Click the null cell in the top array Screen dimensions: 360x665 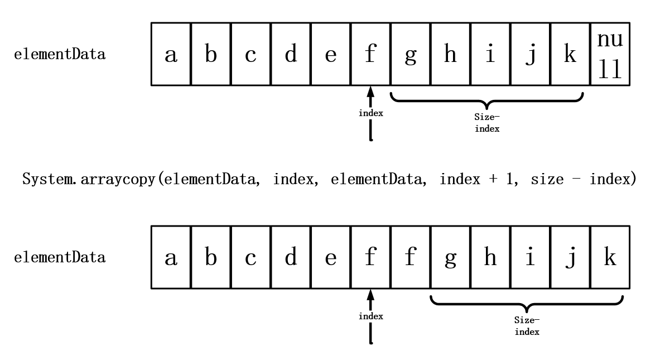[x=610, y=54]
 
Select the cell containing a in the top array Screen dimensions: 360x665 [x=171, y=54]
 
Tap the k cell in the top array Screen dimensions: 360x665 [x=570, y=54]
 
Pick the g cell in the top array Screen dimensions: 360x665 [x=410, y=54]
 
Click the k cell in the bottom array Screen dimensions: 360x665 [x=610, y=257]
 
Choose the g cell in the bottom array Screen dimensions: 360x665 [x=450, y=257]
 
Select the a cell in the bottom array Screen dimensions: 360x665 [x=171, y=257]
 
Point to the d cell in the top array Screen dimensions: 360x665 [x=291, y=54]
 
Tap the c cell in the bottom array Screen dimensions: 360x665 [x=251, y=257]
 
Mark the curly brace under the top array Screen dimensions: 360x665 [x=488, y=100]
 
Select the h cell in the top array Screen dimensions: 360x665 [x=450, y=54]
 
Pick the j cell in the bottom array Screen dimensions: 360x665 [x=570, y=257]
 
